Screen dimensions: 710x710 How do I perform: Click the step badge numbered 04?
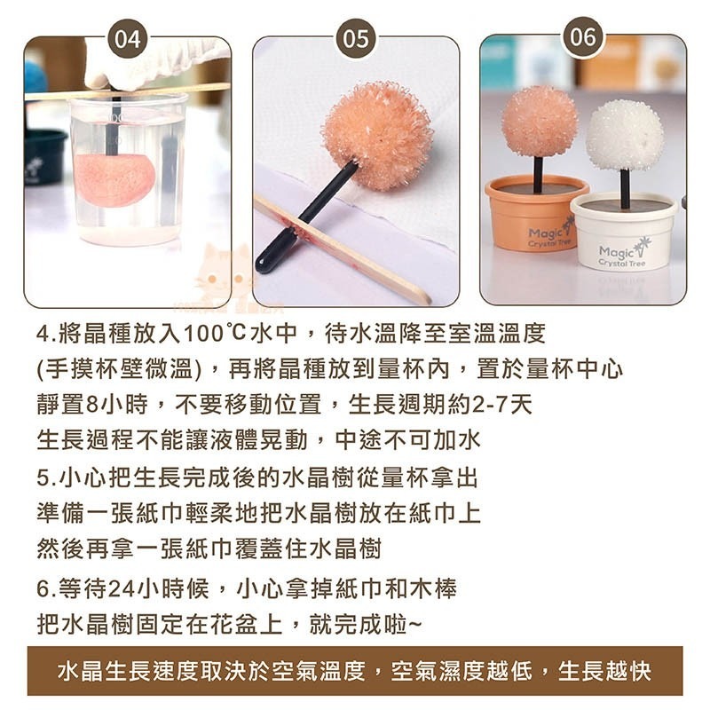pos(128,38)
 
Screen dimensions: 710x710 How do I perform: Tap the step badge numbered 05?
pos(356,38)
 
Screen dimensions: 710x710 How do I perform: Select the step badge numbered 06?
pos(583,37)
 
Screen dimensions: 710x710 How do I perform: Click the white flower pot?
pos(624,231)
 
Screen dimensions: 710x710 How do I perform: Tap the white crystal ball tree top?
pos(625,135)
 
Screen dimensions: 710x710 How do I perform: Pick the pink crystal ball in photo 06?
pos(540,121)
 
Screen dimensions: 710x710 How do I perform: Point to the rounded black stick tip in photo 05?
pos(263,264)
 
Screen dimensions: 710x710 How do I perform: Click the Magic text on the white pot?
pos(616,251)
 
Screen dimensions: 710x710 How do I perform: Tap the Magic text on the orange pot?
pos(545,233)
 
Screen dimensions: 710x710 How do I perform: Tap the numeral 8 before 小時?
pos(91,405)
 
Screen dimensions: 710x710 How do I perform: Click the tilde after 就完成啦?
pos(414,627)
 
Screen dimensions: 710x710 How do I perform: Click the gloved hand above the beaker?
pos(154,62)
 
